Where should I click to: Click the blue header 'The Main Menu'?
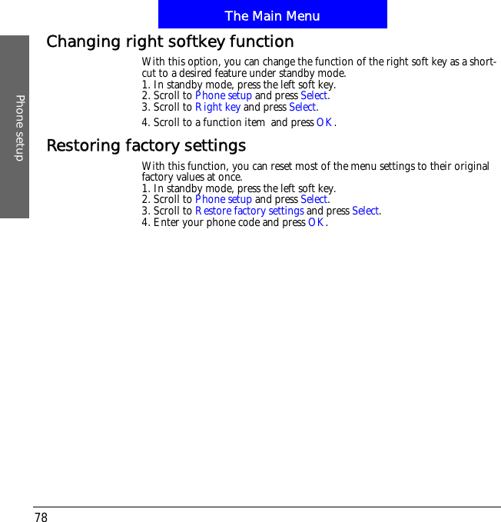click(x=272, y=15)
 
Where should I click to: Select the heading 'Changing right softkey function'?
click(x=170, y=42)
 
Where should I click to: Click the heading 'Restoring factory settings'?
click(x=146, y=145)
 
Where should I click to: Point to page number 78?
click(x=41, y=517)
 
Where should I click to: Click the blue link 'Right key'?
click(x=217, y=107)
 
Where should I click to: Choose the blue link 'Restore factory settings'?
click(x=249, y=211)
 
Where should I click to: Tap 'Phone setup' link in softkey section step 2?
click(x=223, y=95)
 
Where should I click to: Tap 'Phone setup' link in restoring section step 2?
click(x=223, y=199)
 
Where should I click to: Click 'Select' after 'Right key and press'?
click(x=303, y=107)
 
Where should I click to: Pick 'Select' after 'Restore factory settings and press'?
click(x=365, y=211)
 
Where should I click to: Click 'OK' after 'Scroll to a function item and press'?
click(x=325, y=122)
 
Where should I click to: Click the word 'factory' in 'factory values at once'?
click(x=158, y=177)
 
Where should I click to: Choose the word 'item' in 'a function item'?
click(x=254, y=122)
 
